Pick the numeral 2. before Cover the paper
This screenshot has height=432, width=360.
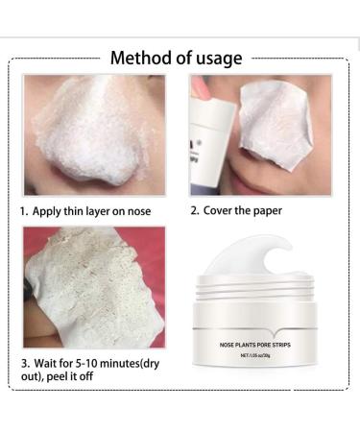[x=197, y=207]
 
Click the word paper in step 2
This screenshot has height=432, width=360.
[x=275, y=207]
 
